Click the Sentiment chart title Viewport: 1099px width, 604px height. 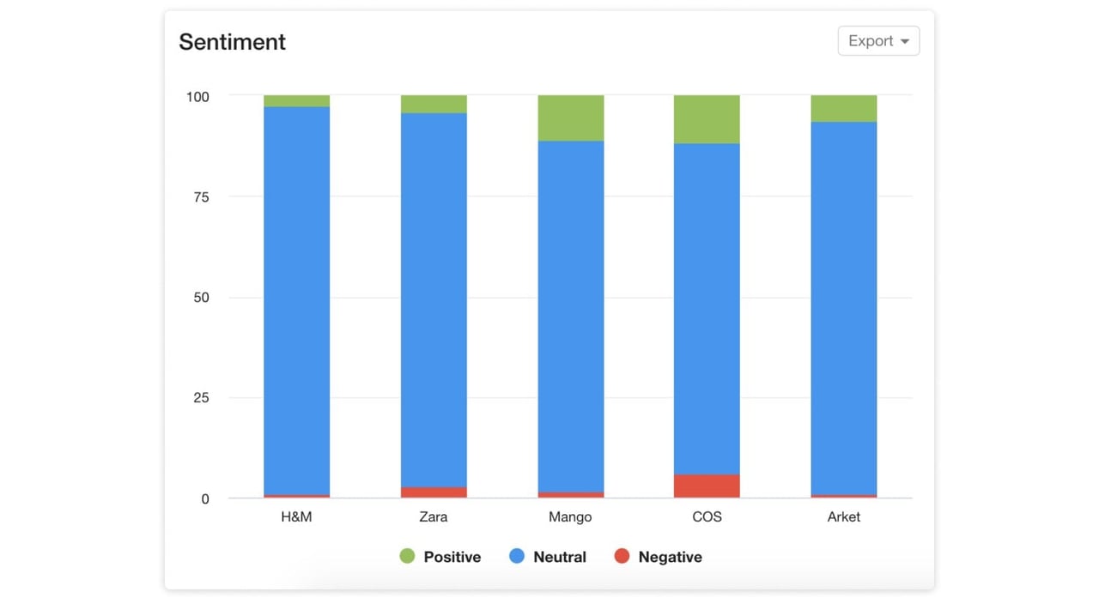[x=232, y=42]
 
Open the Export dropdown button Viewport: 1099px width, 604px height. [x=878, y=41]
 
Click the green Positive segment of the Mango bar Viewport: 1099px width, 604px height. [x=570, y=118]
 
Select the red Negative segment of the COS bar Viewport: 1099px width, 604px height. [x=707, y=486]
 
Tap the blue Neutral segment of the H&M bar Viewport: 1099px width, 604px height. [x=296, y=300]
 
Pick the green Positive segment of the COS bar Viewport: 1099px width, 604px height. [x=707, y=119]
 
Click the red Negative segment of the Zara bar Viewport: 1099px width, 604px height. [x=434, y=492]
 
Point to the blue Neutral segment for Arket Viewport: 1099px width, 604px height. [x=843, y=309]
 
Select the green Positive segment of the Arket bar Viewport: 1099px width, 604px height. [x=843, y=109]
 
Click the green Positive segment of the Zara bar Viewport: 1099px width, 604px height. [x=434, y=105]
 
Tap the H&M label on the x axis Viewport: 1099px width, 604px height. [x=296, y=516]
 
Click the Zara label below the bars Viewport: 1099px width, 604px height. [x=434, y=516]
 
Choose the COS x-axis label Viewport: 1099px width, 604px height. [x=707, y=516]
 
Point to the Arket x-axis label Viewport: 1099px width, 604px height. [x=843, y=516]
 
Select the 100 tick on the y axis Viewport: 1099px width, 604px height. [x=197, y=97]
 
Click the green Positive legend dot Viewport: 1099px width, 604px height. [x=407, y=557]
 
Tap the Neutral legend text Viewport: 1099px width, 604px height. [x=559, y=557]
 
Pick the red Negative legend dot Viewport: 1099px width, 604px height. [x=622, y=557]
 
